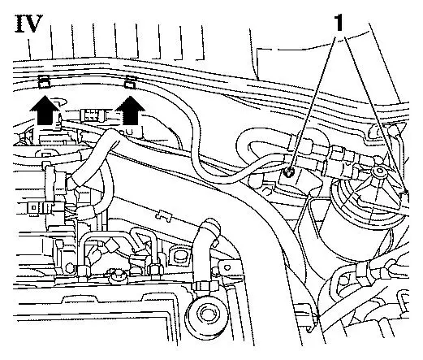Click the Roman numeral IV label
click(x=28, y=24)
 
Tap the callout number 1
click(x=339, y=23)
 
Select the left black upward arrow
click(x=45, y=110)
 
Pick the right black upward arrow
click(x=131, y=111)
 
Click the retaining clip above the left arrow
click(x=43, y=81)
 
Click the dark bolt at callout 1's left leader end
click(x=288, y=171)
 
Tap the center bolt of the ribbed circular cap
click(x=377, y=171)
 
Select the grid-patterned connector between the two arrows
click(x=92, y=115)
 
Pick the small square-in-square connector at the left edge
click(x=33, y=207)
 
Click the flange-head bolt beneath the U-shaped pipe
click(x=117, y=276)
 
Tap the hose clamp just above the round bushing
click(x=205, y=286)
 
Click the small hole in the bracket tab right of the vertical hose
click(x=228, y=267)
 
